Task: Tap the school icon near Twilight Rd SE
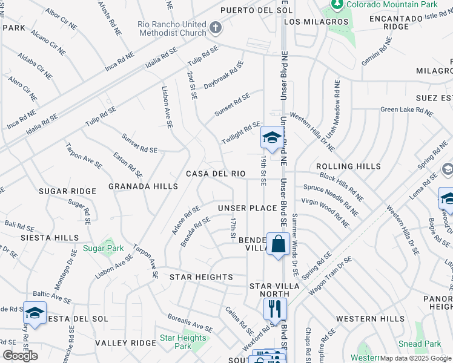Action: (x=273, y=137)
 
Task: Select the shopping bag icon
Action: (x=278, y=244)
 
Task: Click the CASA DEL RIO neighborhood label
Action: (x=216, y=174)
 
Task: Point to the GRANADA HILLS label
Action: (x=143, y=186)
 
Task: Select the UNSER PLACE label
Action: (x=247, y=208)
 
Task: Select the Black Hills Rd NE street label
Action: (x=342, y=188)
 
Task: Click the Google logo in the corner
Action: (x=20, y=356)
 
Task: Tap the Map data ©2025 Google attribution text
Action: (x=415, y=358)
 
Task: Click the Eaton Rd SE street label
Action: (x=128, y=165)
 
